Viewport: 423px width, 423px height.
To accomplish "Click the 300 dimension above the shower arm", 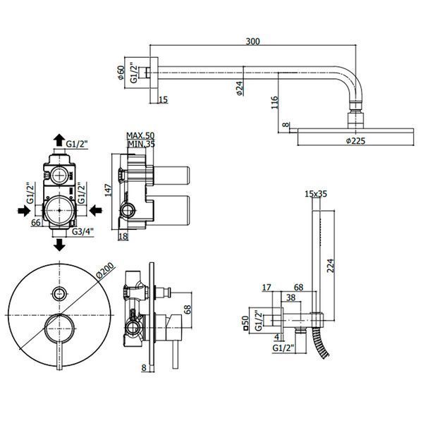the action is point(253,42).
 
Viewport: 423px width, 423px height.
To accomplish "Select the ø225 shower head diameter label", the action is point(355,140).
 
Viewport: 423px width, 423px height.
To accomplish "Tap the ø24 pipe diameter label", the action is point(240,88).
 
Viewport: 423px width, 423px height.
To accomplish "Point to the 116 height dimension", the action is point(274,102).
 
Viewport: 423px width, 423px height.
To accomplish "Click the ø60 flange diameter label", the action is point(121,73).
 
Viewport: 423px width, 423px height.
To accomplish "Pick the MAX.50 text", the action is point(140,135).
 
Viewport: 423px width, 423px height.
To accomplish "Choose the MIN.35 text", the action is point(142,144).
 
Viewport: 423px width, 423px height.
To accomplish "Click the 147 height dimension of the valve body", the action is point(108,190).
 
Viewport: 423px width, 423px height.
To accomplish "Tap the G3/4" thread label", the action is point(82,231).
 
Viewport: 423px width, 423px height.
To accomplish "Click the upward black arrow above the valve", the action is point(59,140).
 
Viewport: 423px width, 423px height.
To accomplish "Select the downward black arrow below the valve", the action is point(59,245).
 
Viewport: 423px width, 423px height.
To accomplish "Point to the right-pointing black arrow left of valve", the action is point(24,210).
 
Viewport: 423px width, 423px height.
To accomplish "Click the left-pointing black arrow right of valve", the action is point(95,210).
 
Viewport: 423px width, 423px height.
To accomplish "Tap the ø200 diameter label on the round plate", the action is point(105,270).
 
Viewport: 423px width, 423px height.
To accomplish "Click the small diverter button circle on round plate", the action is point(59,293).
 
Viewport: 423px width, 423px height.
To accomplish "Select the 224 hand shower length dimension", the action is point(331,266).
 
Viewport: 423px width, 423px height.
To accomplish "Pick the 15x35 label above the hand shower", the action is point(316,194).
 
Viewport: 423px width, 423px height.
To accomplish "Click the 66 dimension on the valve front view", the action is point(36,223).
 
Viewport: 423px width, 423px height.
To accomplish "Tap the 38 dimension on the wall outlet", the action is point(290,298).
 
